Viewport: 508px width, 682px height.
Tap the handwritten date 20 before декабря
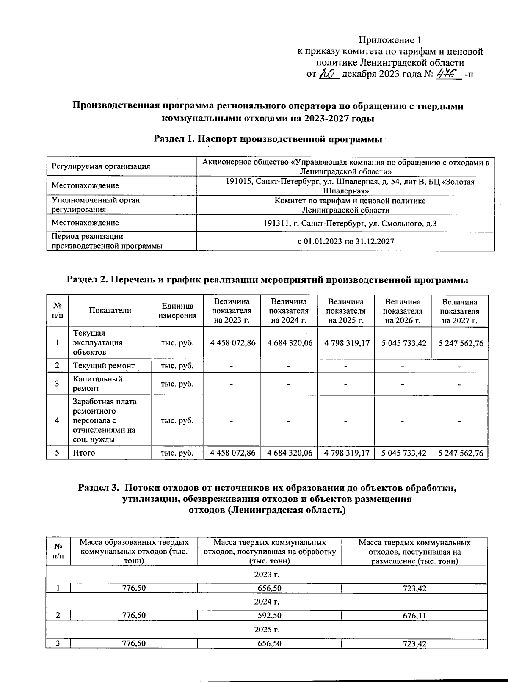[328, 75]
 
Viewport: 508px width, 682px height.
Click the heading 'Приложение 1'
[390, 40]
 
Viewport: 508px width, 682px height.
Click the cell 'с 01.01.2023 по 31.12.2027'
[345, 242]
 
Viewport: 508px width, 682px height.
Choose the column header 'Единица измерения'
[178, 311]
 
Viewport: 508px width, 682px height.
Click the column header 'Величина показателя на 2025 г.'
[346, 311]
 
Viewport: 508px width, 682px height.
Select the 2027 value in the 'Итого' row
[460, 453]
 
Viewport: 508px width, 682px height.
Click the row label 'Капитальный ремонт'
[98, 384]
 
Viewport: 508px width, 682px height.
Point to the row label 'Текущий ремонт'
[104, 366]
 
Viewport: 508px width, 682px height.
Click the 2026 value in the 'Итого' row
[403, 453]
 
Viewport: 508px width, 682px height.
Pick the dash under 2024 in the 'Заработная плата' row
[288, 421]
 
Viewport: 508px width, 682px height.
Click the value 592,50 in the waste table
[269, 616]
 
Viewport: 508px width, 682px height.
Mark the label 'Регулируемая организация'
[101, 166]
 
